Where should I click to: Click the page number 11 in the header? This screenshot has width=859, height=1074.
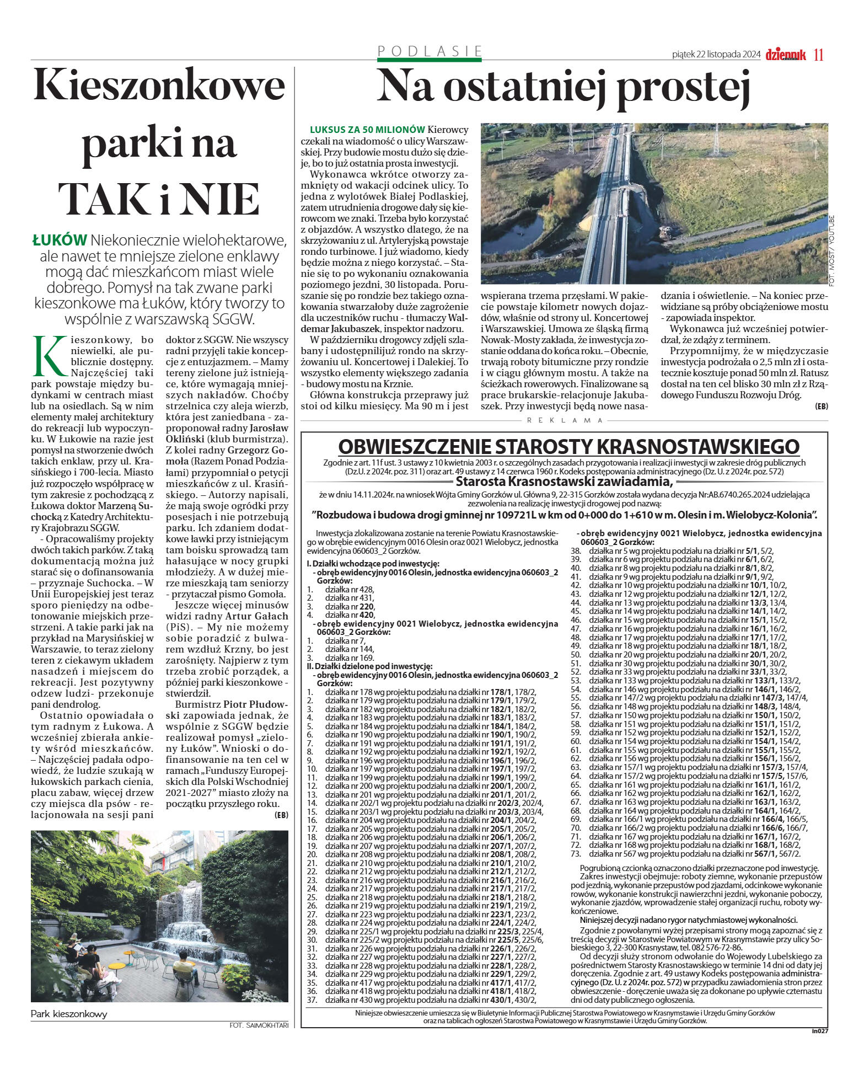[x=819, y=55]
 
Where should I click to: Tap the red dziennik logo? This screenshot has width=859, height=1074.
[x=786, y=55]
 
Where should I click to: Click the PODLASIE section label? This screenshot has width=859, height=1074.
[x=429, y=51]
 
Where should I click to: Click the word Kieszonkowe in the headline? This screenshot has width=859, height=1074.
[x=159, y=86]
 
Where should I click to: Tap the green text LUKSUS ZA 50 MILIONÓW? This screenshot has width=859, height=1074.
[x=367, y=130]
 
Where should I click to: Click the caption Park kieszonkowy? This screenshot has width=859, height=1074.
[x=69, y=1014]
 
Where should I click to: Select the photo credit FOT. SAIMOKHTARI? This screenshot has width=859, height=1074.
[x=259, y=1025]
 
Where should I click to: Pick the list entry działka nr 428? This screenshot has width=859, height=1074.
[x=350, y=589]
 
